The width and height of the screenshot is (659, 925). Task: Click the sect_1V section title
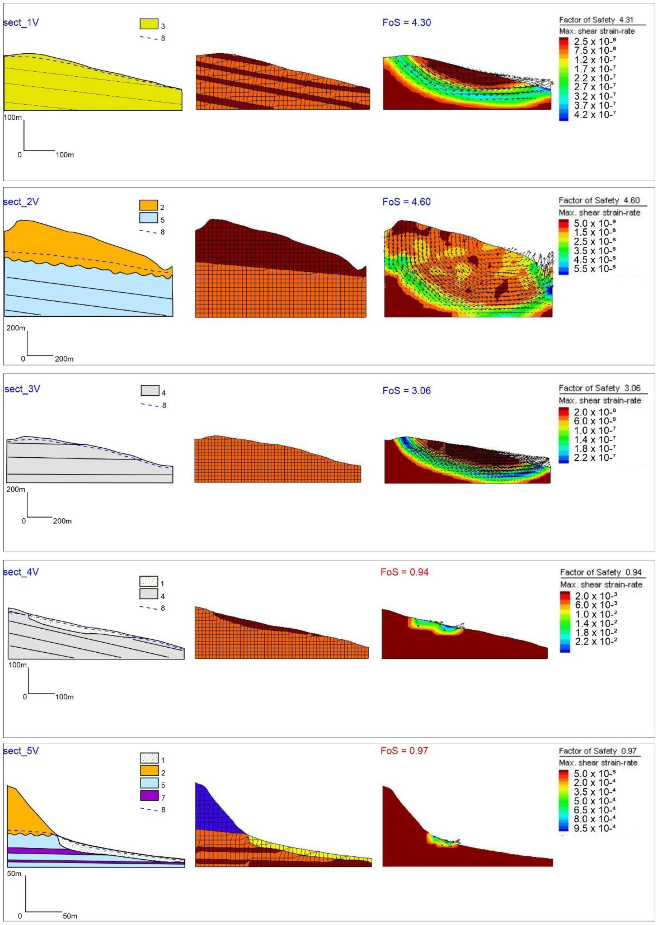tap(21, 22)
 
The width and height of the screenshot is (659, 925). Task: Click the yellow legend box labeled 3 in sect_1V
tap(149, 24)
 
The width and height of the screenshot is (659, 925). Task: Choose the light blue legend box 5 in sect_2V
tap(148, 218)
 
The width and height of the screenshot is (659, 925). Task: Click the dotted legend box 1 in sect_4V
tap(148, 581)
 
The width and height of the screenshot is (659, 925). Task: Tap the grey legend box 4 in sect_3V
tap(150, 391)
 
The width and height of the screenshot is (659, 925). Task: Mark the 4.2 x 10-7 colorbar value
tap(595, 115)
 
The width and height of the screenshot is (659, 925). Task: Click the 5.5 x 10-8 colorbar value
tap(595, 269)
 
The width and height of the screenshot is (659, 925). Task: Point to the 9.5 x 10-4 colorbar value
tap(595, 828)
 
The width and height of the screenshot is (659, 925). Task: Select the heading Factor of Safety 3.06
tap(599, 388)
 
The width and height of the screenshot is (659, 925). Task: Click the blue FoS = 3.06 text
tap(407, 391)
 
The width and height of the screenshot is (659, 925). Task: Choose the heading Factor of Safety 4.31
tap(596, 20)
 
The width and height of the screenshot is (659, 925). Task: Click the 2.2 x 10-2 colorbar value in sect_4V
tap(596, 641)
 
